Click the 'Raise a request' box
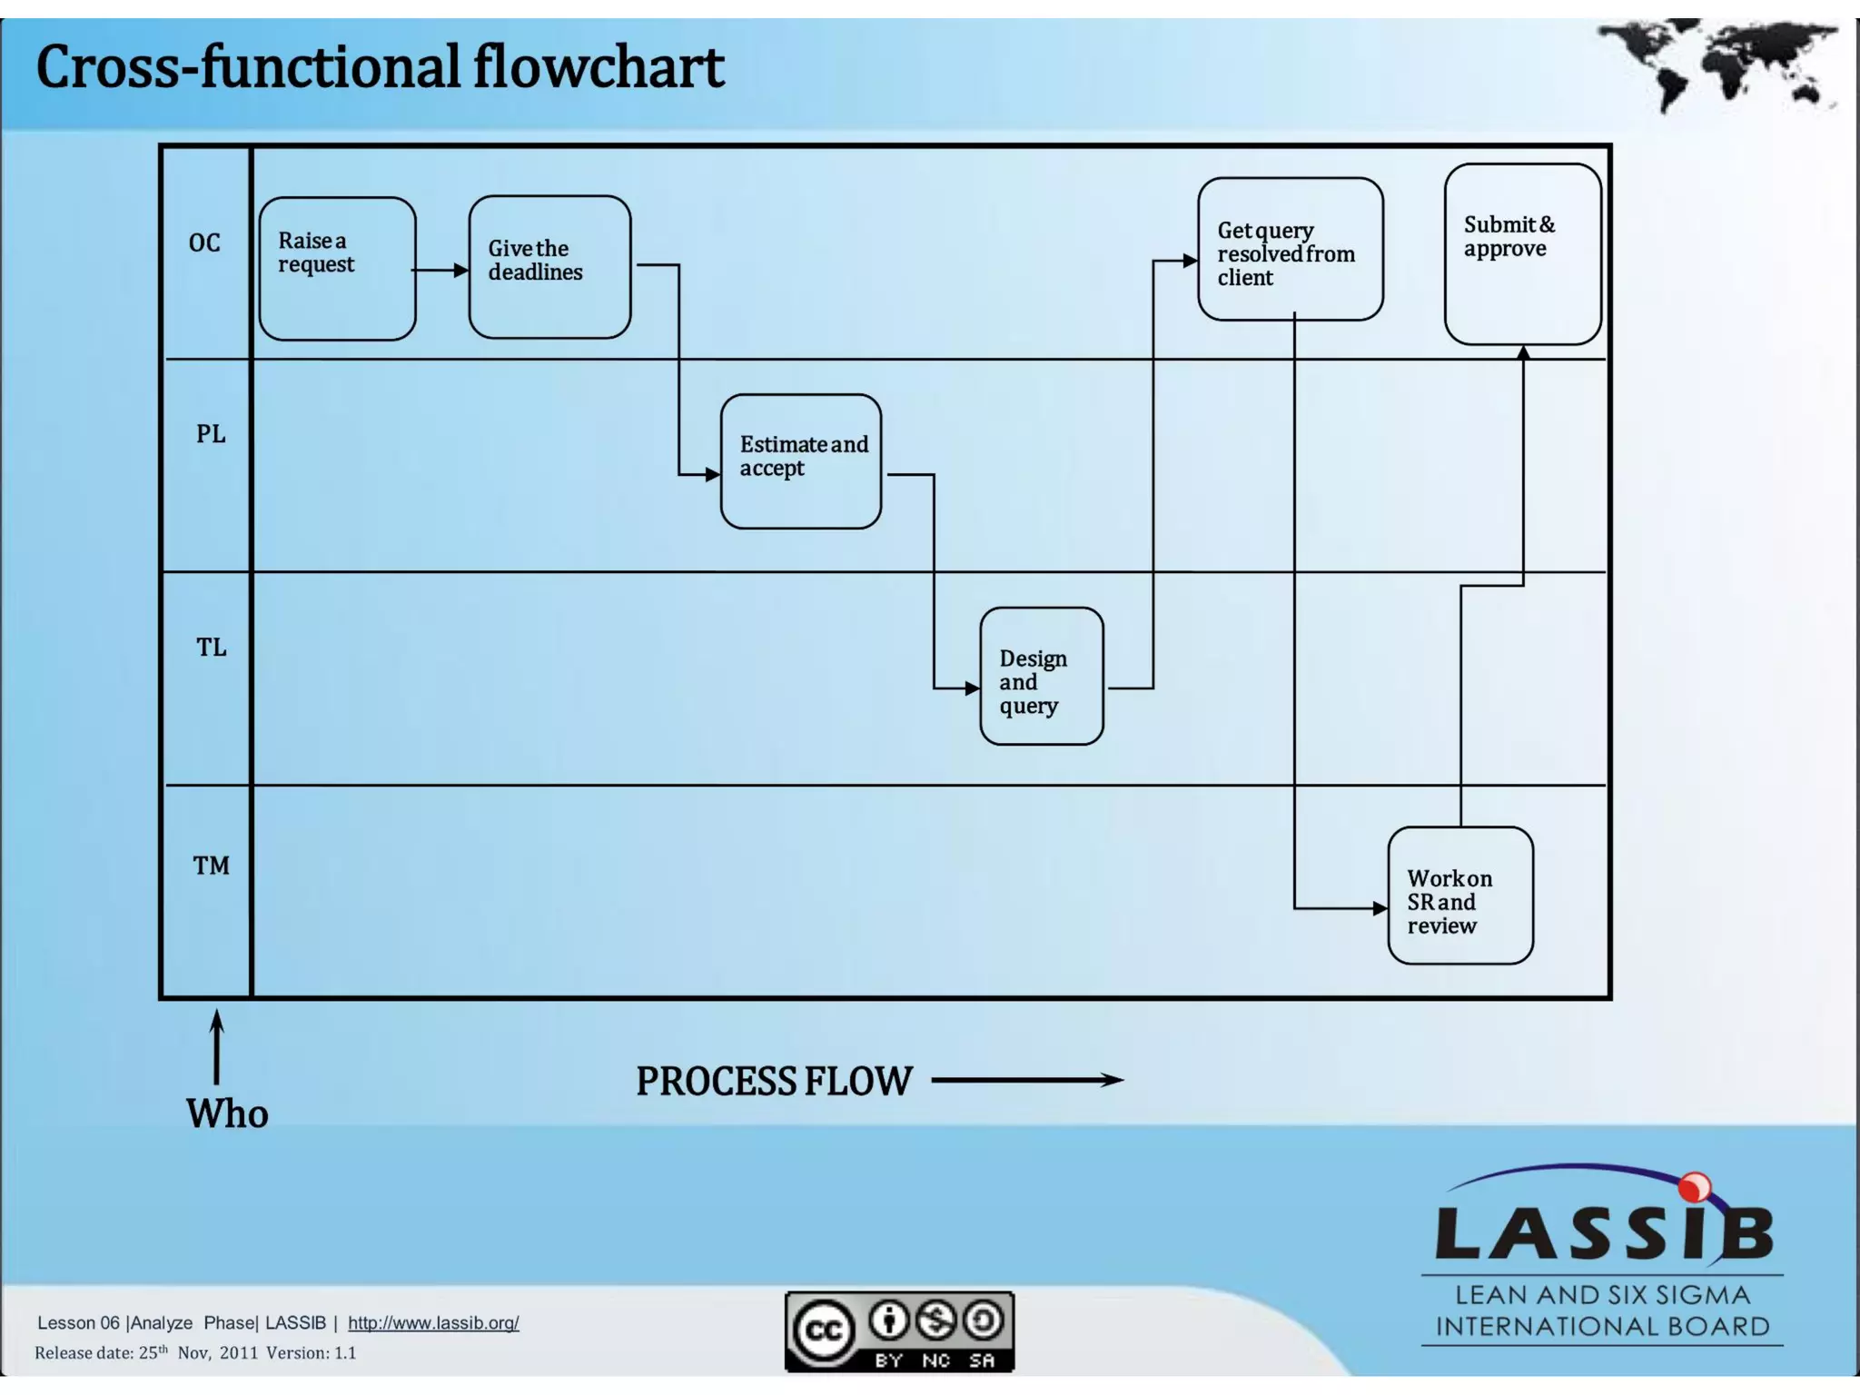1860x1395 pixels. pyautogui.click(x=337, y=269)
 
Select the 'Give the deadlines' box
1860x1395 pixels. pyautogui.click(x=549, y=267)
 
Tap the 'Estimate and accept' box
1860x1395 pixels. pyautogui.click(x=800, y=461)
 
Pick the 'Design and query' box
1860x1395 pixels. pyautogui.click(x=1041, y=677)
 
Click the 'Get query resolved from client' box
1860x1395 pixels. pyautogui.click(x=1290, y=250)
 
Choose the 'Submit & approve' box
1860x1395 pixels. pyautogui.click(x=1522, y=254)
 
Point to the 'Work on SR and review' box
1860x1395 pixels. pyautogui.click(x=1459, y=895)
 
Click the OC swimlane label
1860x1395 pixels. pyautogui.click(x=204, y=242)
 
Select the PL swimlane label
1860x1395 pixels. pyautogui.click(x=211, y=434)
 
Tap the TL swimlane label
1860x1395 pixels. pyautogui.click(x=211, y=648)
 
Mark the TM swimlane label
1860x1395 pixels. pyautogui.click(x=211, y=866)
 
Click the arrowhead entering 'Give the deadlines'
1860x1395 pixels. pyautogui.click(x=461, y=270)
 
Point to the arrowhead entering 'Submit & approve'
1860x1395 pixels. pyautogui.click(x=1523, y=353)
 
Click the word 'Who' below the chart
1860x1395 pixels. pyautogui.click(x=227, y=1113)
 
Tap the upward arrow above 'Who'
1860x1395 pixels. pyautogui.click(x=216, y=1046)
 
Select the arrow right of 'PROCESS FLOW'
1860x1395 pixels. pyautogui.click(x=1027, y=1080)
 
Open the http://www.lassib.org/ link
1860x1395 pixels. pyautogui.click(x=433, y=1322)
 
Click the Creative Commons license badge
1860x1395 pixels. pyautogui.click(x=899, y=1331)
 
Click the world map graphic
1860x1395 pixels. pyautogui.click(x=1716, y=64)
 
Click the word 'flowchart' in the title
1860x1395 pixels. pyautogui.click(x=598, y=67)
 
